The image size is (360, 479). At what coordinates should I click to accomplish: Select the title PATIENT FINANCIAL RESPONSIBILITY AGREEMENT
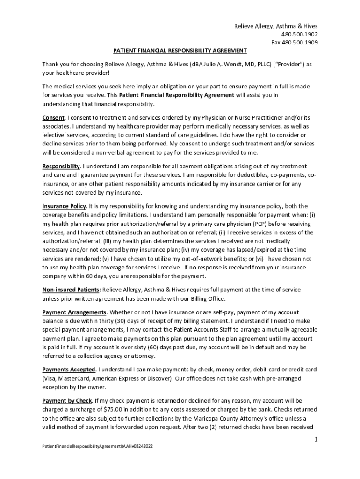click(180, 51)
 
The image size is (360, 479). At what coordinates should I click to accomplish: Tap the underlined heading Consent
click(53, 117)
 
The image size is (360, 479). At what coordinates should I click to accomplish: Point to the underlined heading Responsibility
click(61, 167)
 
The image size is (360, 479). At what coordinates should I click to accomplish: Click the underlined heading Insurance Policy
click(64, 206)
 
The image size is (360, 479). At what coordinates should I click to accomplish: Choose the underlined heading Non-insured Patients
click(71, 290)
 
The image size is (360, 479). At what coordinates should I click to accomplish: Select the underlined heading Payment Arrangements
click(74, 312)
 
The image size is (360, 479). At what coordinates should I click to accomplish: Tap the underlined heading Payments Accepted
click(69, 370)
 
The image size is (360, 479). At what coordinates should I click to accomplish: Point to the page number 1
click(316, 440)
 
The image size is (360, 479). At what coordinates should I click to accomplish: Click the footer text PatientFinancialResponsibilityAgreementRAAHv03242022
click(97, 446)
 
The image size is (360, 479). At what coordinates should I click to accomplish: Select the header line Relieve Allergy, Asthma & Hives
click(279, 26)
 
